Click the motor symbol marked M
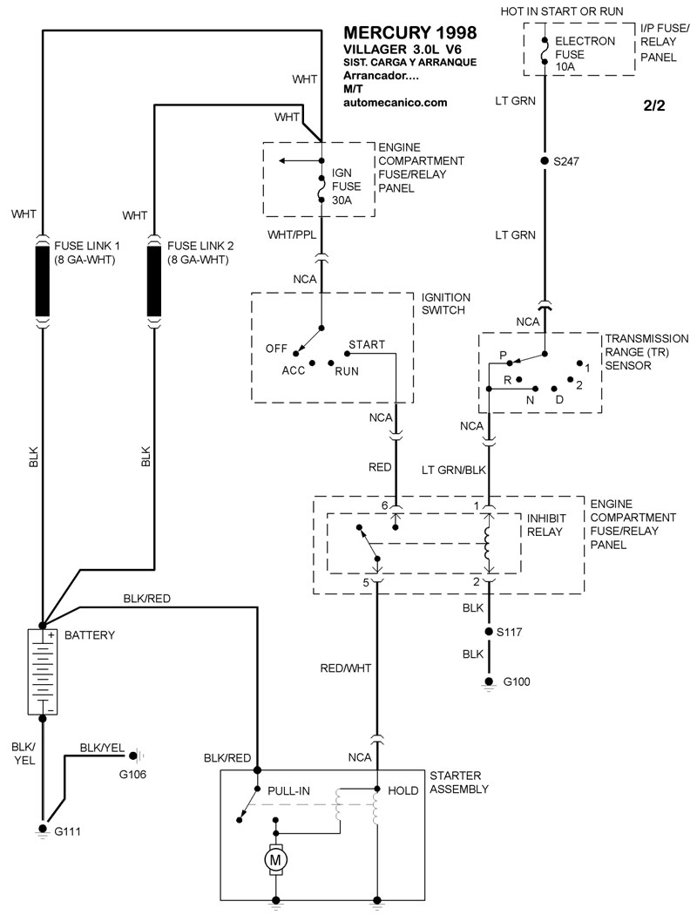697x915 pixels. (276, 859)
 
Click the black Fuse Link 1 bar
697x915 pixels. (43, 281)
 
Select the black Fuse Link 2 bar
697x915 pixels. (154, 281)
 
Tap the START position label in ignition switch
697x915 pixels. (366, 345)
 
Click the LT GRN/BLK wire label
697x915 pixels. (453, 471)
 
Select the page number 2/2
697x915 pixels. (653, 106)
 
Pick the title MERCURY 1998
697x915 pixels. (411, 33)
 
